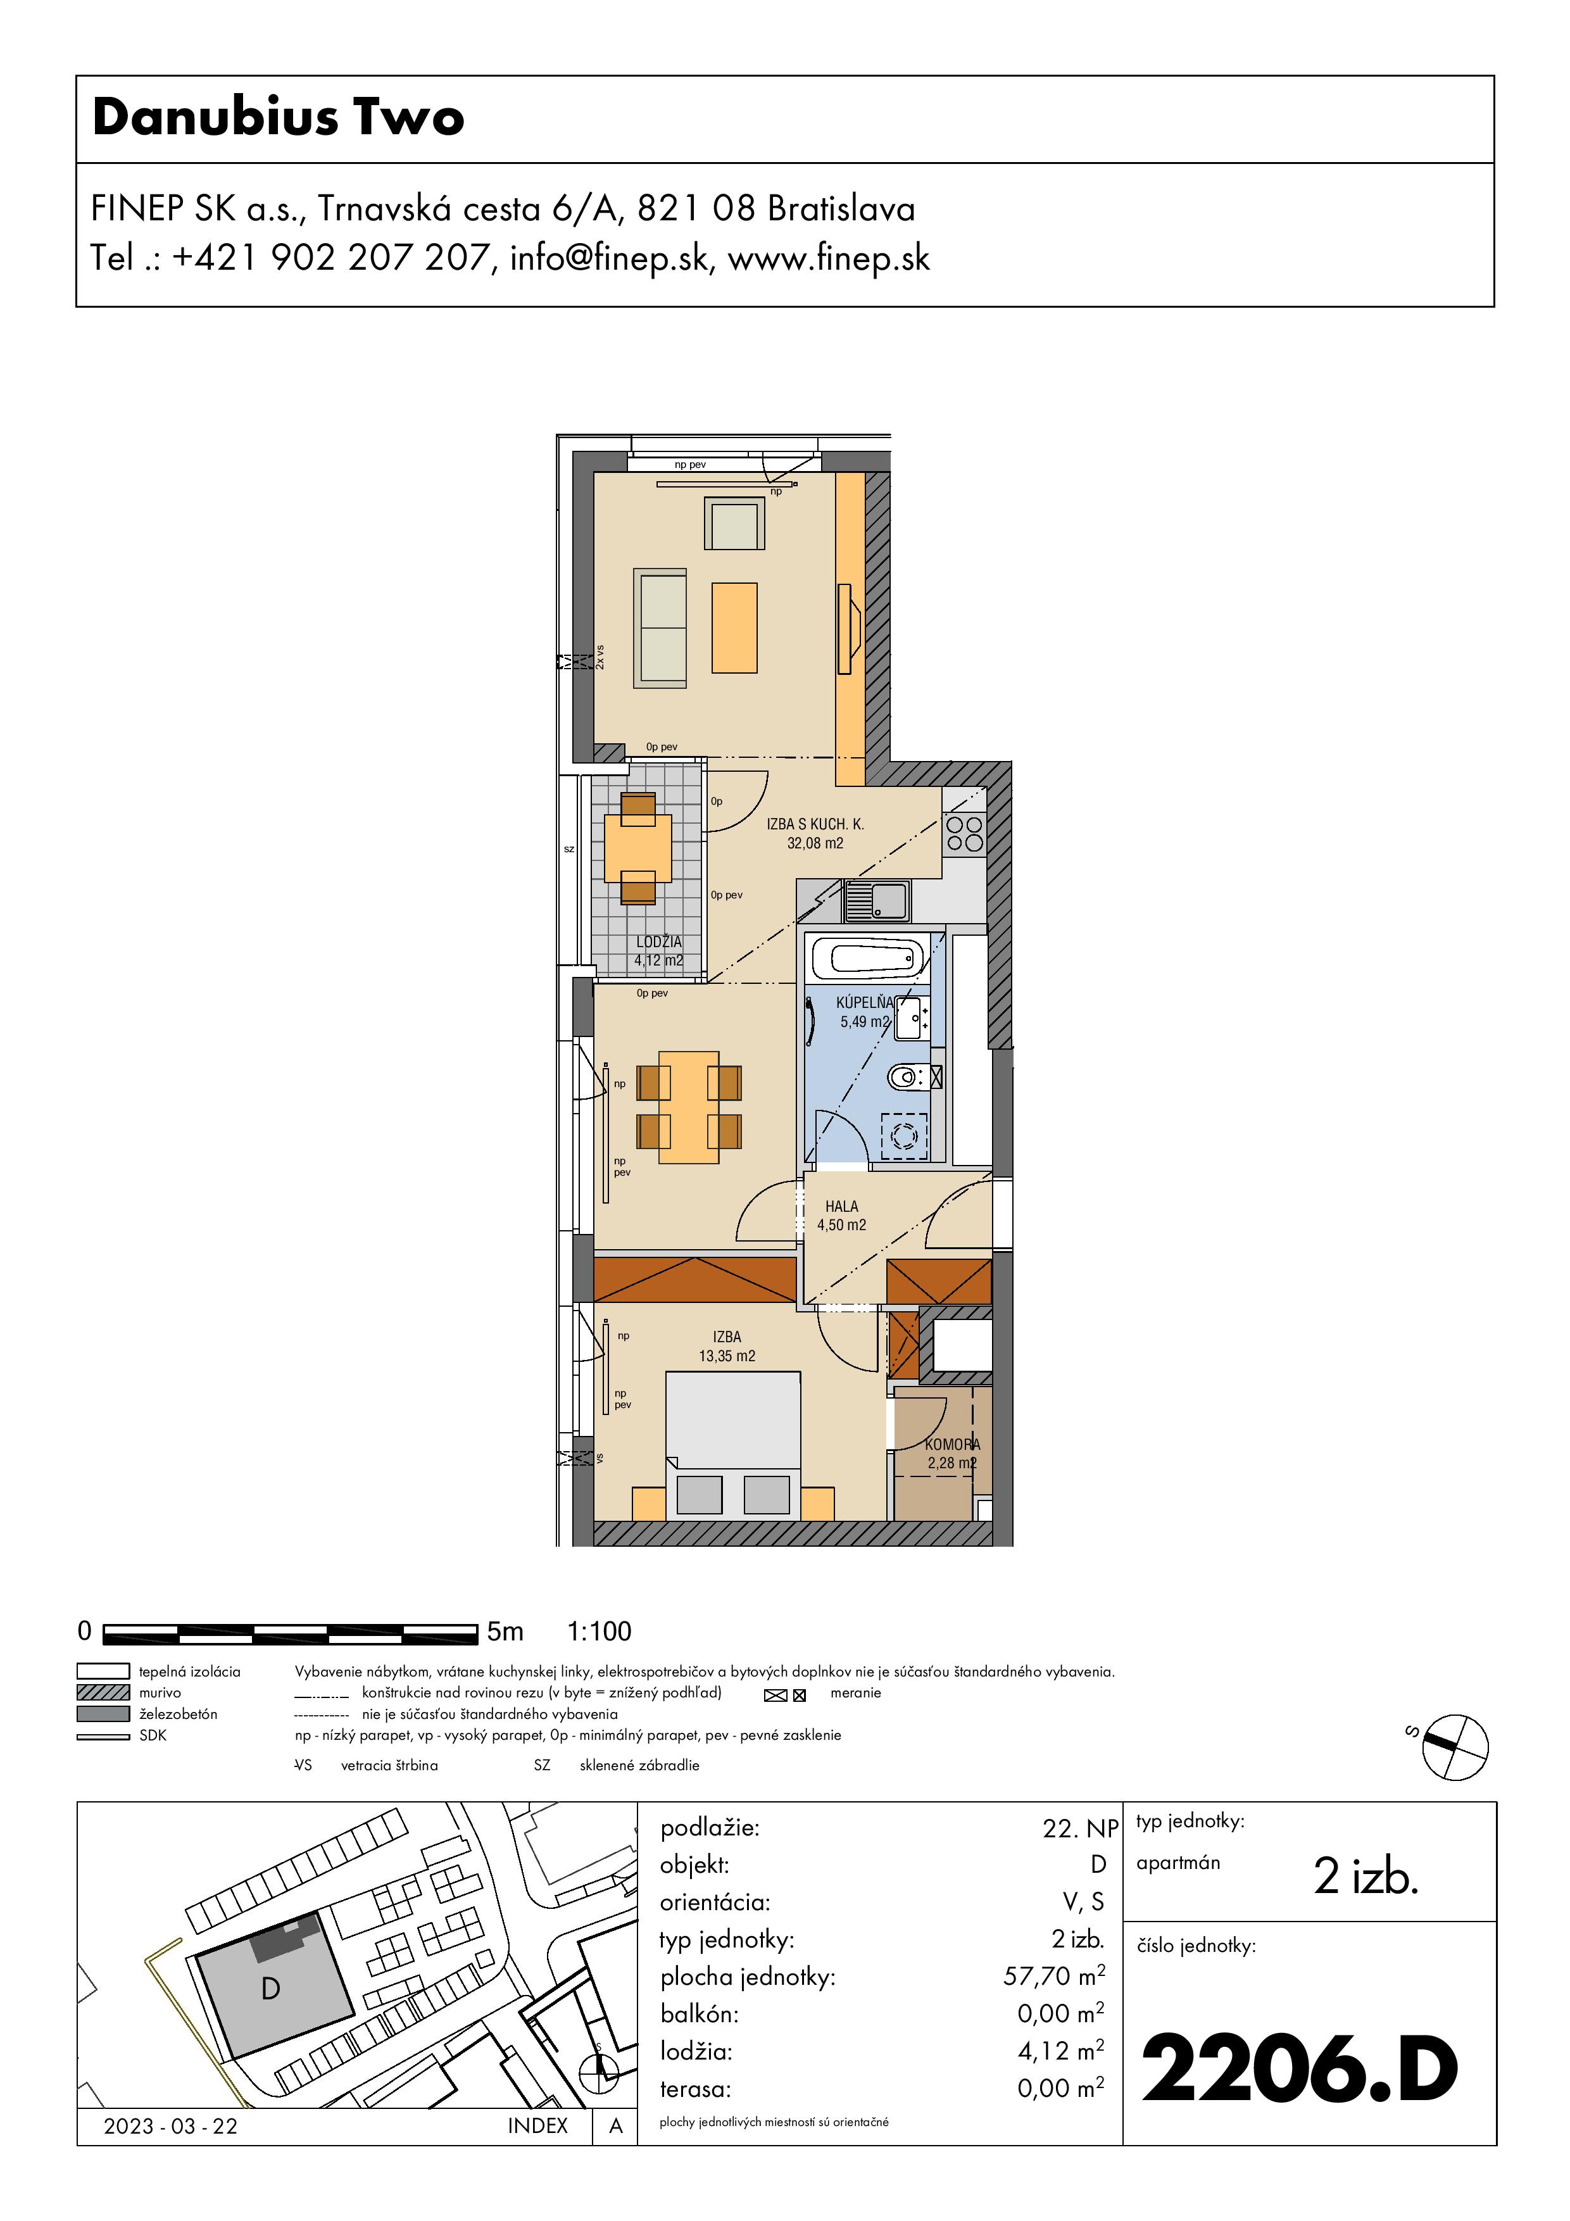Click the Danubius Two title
pos(279,117)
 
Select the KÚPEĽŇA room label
pos(865,1002)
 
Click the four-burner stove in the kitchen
pos(964,834)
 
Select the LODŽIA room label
pos(659,941)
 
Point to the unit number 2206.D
pos(1299,2069)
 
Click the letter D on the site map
pos(271,1988)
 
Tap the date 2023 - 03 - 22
pos(170,2125)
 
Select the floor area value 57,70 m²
pos(1053,1975)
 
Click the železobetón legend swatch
pos(103,1713)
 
